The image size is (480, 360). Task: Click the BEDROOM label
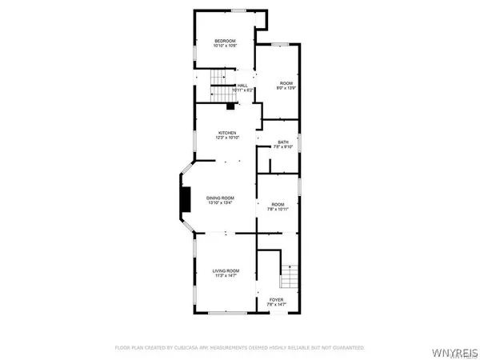pyautogui.click(x=224, y=41)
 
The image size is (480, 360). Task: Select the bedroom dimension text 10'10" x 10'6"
pyautogui.click(x=224, y=46)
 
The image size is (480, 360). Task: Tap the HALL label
pyautogui.click(x=242, y=85)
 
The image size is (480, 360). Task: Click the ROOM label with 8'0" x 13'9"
pyautogui.click(x=286, y=83)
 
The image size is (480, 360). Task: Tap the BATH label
pyautogui.click(x=283, y=142)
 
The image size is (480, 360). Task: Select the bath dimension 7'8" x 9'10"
pyautogui.click(x=283, y=148)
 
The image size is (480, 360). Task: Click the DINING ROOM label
pyautogui.click(x=221, y=198)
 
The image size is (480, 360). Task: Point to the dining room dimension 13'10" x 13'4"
pyautogui.click(x=221, y=203)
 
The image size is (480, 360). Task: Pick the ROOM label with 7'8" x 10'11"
pyautogui.click(x=278, y=204)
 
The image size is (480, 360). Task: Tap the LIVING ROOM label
pyautogui.click(x=226, y=271)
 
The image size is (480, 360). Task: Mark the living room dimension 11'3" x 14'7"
pyautogui.click(x=226, y=277)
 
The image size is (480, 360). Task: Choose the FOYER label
pyautogui.click(x=276, y=299)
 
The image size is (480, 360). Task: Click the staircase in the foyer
pyautogui.click(x=288, y=277)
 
